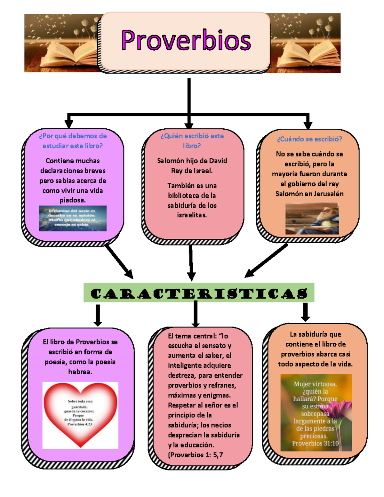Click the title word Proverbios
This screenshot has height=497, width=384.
tap(186, 41)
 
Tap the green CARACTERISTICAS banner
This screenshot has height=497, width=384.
tap(199, 293)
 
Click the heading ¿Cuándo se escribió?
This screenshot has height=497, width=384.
tap(309, 139)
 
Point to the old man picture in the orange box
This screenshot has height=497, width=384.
tap(312, 219)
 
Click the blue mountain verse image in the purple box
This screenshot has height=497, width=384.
tap(73, 218)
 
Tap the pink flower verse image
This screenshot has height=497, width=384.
tap(316, 413)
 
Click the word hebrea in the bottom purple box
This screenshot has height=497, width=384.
tap(80, 372)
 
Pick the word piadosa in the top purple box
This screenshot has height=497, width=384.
tap(73, 200)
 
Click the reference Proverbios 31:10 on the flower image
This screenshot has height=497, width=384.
tap(315, 444)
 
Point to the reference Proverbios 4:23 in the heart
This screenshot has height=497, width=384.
tap(80, 424)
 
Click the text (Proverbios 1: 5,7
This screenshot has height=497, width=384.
tap(195, 455)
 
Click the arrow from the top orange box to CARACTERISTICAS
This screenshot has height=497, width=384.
tap(266, 261)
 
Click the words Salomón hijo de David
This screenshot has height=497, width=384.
tap(192, 161)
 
